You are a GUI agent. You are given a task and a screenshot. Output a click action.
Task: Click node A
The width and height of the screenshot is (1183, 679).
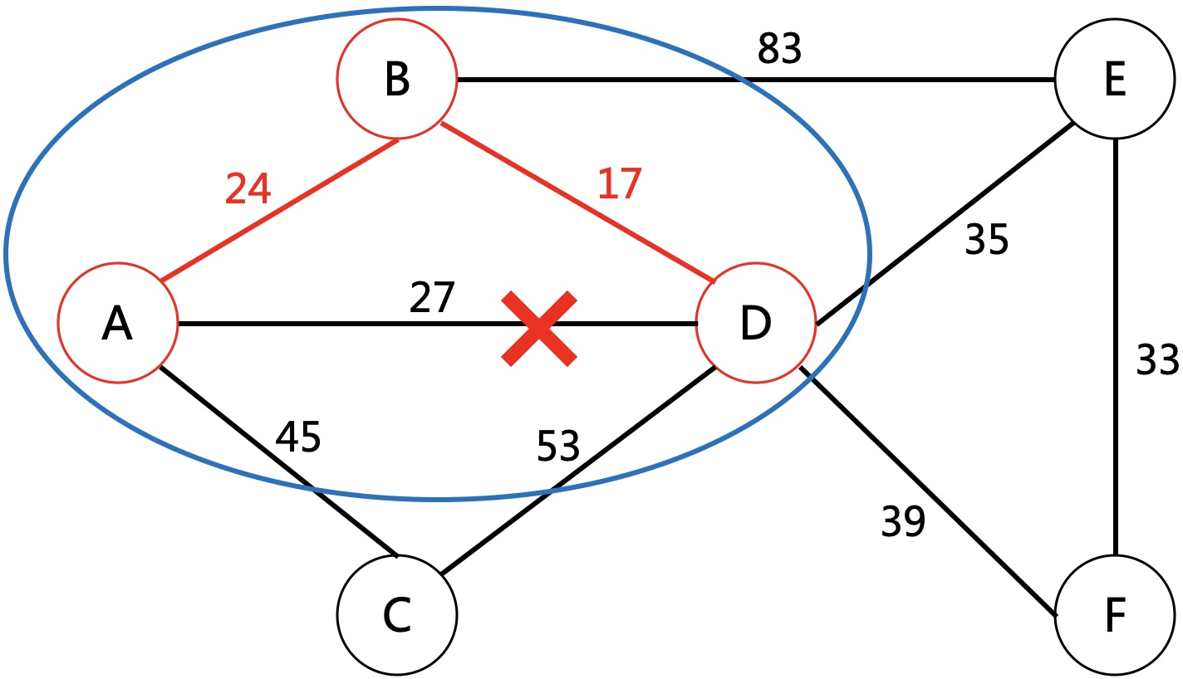coord(117,323)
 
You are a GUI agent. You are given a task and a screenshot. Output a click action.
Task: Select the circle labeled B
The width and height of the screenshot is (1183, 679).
coord(397,80)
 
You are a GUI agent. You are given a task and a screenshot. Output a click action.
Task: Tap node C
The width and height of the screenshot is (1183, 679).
coord(397,614)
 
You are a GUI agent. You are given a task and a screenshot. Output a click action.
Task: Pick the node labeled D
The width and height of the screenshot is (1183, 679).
coord(755,323)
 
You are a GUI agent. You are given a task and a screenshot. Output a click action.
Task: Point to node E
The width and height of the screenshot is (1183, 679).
coord(1115,80)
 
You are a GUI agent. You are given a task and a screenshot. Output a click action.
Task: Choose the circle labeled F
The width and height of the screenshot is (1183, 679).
coord(1115,614)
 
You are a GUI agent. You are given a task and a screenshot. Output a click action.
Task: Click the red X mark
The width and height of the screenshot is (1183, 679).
coord(539,328)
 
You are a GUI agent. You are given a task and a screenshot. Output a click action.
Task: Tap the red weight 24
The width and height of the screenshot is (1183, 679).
coord(248,190)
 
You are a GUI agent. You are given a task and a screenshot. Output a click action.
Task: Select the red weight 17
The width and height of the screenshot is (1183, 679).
coord(620,183)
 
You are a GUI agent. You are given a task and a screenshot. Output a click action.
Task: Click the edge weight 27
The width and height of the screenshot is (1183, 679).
coord(433,297)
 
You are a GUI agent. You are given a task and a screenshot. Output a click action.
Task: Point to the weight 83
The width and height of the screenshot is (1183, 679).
coord(779,51)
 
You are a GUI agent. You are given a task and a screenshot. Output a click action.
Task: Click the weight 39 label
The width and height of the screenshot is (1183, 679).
coord(903,522)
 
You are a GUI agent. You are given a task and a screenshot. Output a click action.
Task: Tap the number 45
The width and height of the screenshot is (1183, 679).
coord(297,437)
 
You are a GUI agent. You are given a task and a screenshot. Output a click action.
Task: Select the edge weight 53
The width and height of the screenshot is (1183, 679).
coord(557,447)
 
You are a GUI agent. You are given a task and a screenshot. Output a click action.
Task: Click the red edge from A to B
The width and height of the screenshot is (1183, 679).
coord(279,210)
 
